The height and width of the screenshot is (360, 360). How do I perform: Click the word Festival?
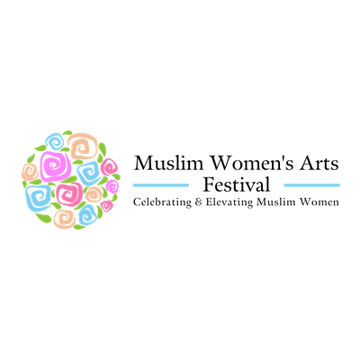[237, 184]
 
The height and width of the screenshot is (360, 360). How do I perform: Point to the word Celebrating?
[162, 202]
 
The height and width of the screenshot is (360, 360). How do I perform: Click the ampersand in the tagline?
[199, 202]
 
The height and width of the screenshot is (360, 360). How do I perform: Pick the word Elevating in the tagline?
[229, 202]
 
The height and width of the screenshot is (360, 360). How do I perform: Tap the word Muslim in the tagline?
[276, 202]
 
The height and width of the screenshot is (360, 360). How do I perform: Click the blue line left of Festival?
[161, 185]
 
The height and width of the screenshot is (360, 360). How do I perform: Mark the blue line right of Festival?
[312, 185]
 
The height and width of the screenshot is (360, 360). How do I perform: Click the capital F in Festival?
[209, 184]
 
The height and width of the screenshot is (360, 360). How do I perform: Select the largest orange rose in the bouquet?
[83, 147]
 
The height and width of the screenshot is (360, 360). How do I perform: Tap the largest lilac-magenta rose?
[56, 166]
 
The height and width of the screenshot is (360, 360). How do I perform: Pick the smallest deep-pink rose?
[106, 205]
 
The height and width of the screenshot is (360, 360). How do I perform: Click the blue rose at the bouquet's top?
[55, 142]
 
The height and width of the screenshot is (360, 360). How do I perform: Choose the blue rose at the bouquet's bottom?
[87, 214]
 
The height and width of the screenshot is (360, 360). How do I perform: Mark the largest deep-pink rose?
[69, 193]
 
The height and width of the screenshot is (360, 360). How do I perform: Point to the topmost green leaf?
[67, 132]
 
